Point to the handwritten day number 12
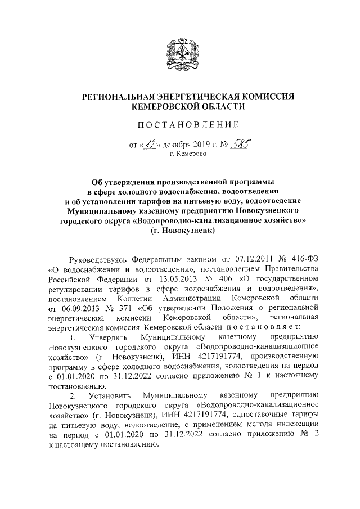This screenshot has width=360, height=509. click(x=150, y=145)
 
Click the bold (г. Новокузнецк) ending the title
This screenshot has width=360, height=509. click(x=179, y=230)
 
